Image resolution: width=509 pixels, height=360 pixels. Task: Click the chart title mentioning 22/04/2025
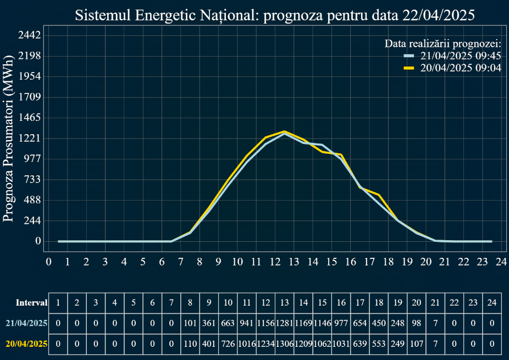[x=274, y=15]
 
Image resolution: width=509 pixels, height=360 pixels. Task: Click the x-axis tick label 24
[x=501, y=262]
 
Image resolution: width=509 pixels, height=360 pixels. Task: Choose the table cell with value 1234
[x=265, y=344]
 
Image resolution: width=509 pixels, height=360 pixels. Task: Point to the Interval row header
[x=31, y=302]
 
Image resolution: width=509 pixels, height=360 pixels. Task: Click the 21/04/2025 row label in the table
[x=26, y=323]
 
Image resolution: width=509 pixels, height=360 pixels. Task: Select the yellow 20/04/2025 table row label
[x=26, y=344]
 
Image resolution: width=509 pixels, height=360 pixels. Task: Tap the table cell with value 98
[x=417, y=323]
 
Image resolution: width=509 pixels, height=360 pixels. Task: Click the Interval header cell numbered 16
[x=341, y=302]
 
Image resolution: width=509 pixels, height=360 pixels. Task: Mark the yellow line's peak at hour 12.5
[x=284, y=131]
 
